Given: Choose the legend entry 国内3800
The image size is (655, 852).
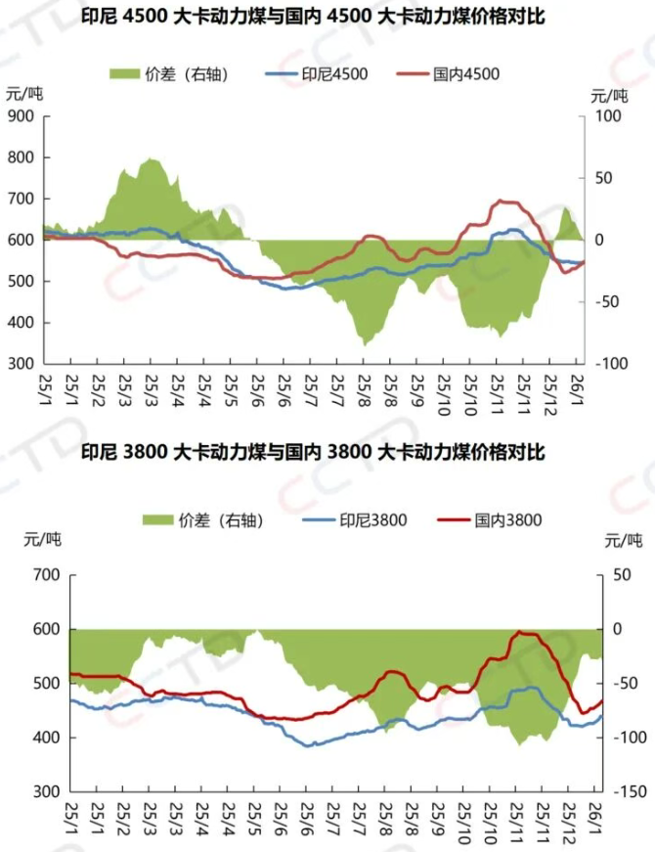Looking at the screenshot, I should point(507,520).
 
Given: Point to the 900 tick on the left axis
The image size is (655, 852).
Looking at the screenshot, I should point(21,116).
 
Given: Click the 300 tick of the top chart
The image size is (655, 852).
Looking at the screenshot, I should point(21,364).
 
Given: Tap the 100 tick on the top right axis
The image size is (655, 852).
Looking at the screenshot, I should point(607,116).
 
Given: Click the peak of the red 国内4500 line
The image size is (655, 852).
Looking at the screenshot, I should point(500,201).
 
